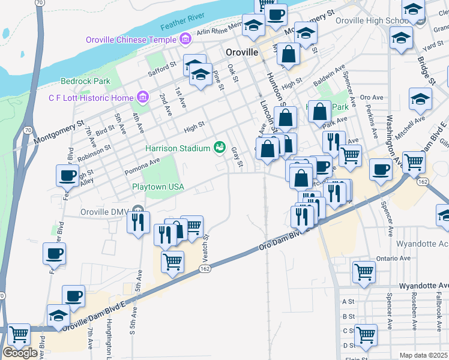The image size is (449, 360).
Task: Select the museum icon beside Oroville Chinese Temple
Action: (x=185, y=40)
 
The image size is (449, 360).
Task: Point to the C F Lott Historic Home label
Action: (x=91, y=98)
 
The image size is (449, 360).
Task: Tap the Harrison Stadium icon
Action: (x=220, y=148)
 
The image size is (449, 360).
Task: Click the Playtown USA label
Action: (x=158, y=187)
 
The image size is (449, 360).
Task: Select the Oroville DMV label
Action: (x=105, y=212)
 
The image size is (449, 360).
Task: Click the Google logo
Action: (x=20, y=353)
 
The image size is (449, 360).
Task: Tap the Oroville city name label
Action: (x=242, y=52)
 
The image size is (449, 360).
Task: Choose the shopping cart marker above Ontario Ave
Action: (x=364, y=271)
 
